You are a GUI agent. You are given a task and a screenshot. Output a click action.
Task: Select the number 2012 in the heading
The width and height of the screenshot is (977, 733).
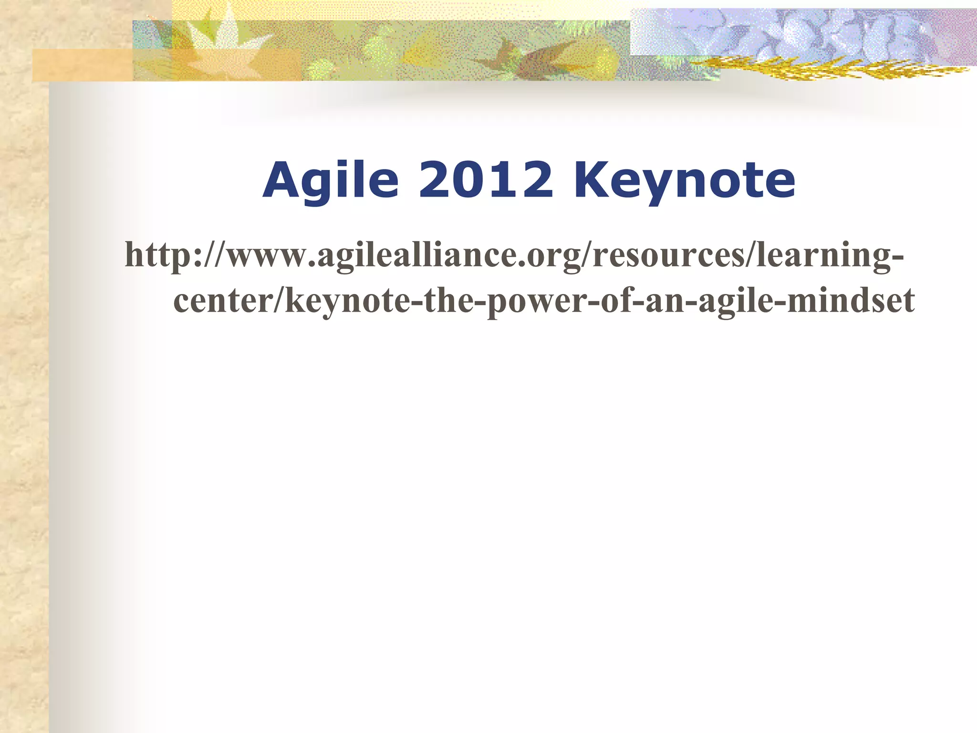point(486,180)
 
